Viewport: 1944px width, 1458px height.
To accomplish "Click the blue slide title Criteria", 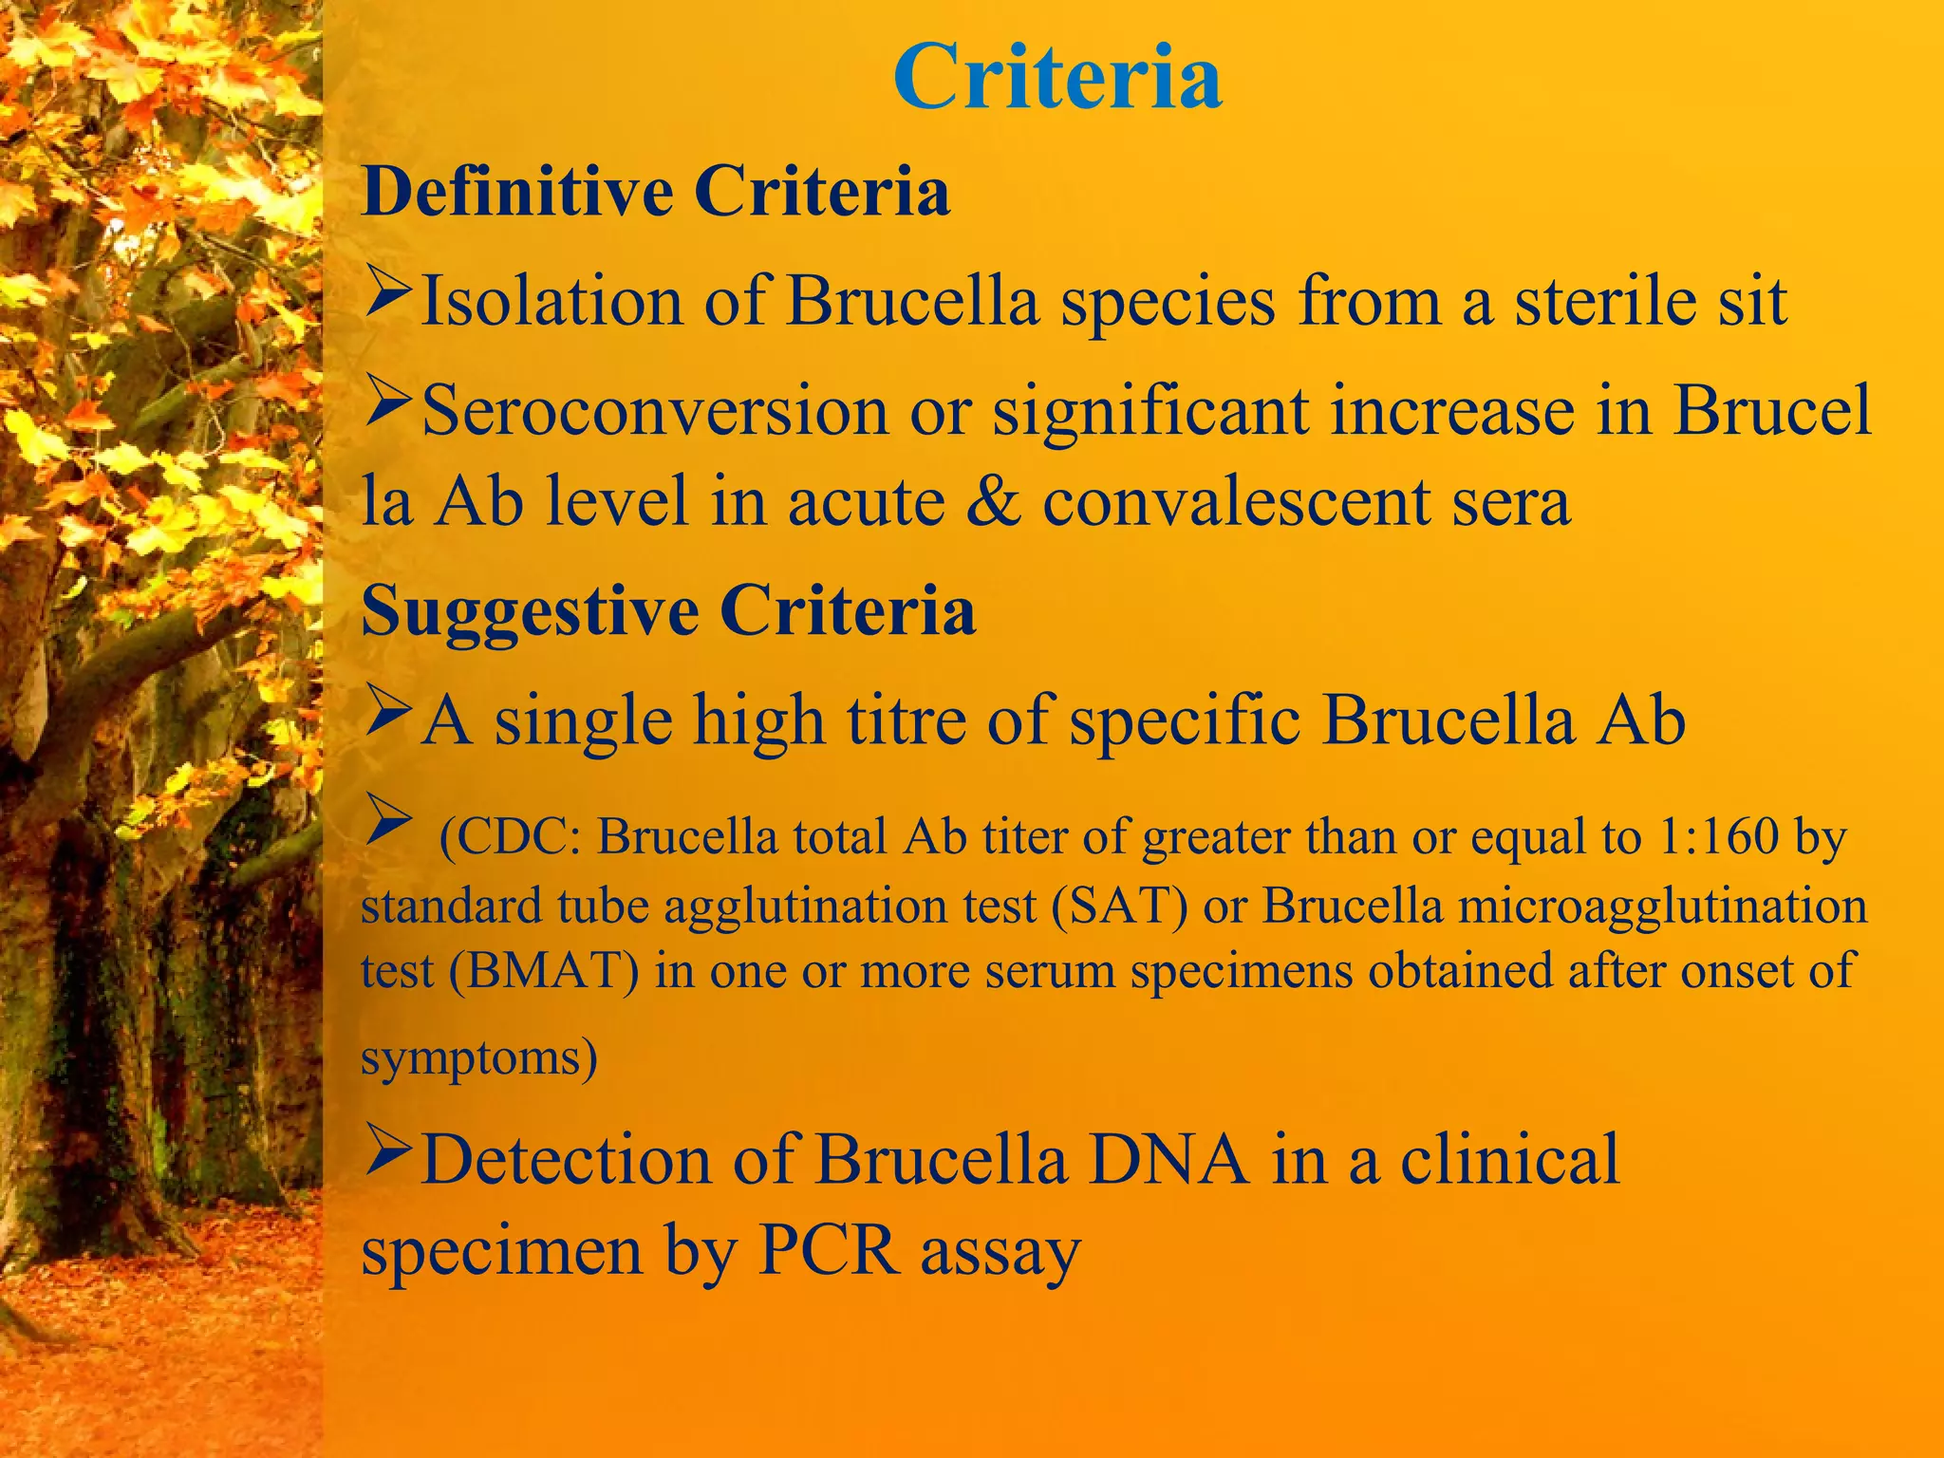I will [x=1056, y=78].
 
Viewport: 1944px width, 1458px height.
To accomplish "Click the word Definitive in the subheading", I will [x=517, y=193].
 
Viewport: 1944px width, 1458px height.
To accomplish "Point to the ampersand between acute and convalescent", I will [x=993, y=501].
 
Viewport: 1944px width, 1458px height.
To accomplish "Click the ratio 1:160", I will [x=1719, y=837].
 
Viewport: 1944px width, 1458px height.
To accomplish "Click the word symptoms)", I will [x=478, y=1057].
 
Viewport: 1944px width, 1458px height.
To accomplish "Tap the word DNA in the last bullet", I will [x=1168, y=1160].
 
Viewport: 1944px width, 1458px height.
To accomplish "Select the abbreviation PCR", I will [x=828, y=1251].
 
